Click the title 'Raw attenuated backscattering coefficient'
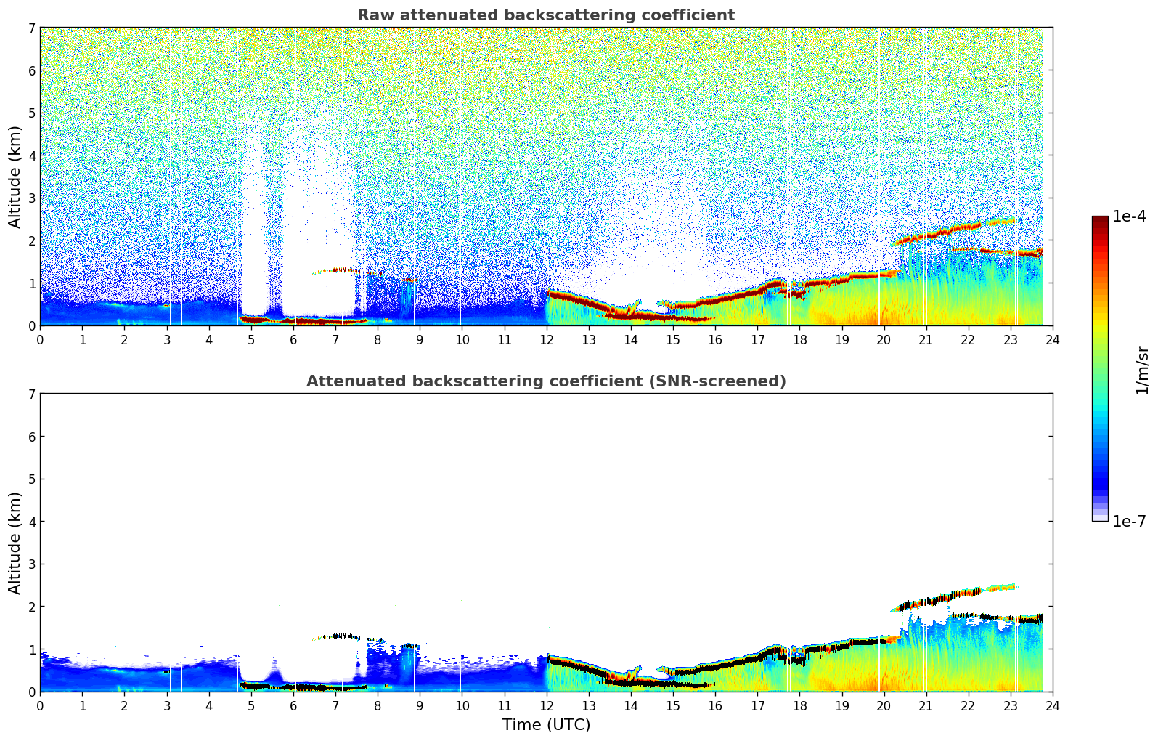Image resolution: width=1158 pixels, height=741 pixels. point(545,15)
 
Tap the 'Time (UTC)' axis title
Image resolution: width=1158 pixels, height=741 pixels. point(546,725)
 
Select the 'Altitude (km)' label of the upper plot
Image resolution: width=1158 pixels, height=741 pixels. point(15,177)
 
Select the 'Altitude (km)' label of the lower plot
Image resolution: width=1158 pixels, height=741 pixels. point(15,543)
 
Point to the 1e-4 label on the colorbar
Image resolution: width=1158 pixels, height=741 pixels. point(1129,216)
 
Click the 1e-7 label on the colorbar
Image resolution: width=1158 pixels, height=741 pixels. point(1129,522)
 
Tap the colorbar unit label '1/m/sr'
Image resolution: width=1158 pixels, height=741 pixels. point(1142,370)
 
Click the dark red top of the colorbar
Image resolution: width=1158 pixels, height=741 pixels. point(1100,219)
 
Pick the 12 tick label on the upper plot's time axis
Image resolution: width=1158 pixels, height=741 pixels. point(546,339)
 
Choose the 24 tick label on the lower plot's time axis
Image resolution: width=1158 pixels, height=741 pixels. point(1052,705)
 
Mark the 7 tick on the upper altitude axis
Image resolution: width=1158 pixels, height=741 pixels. point(31,28)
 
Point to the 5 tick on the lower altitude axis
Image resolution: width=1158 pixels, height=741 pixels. point(31,479)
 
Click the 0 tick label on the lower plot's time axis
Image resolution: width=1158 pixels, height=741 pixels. point(40,705)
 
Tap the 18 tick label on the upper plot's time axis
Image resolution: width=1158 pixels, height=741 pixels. point(799,339)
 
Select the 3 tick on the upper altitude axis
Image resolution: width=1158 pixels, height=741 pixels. point(31,198)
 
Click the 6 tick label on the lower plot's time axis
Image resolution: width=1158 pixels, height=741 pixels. point(293,705)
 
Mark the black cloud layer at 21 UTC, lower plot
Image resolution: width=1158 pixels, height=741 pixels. point(926,602)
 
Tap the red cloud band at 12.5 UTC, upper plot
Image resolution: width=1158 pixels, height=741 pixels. point(568,296)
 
